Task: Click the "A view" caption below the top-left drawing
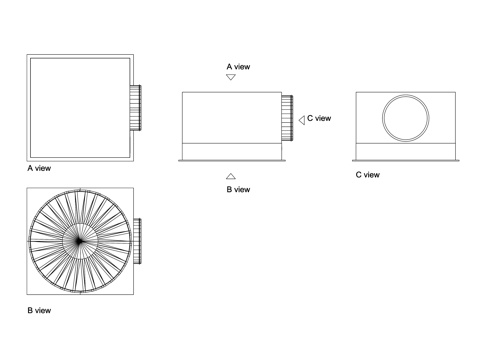click(39, 168)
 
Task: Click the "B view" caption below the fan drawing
click(39, 311)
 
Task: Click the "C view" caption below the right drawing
click(368, 175)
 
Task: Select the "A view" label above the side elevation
click(238, 67)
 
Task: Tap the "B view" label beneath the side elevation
click(238, 190)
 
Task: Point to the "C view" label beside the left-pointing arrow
click(319, 118)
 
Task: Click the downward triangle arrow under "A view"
click(231, 77)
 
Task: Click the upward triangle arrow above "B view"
click(231, 176)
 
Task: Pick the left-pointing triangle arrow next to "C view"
click(302, 120)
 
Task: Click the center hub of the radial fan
click(79, 241)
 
